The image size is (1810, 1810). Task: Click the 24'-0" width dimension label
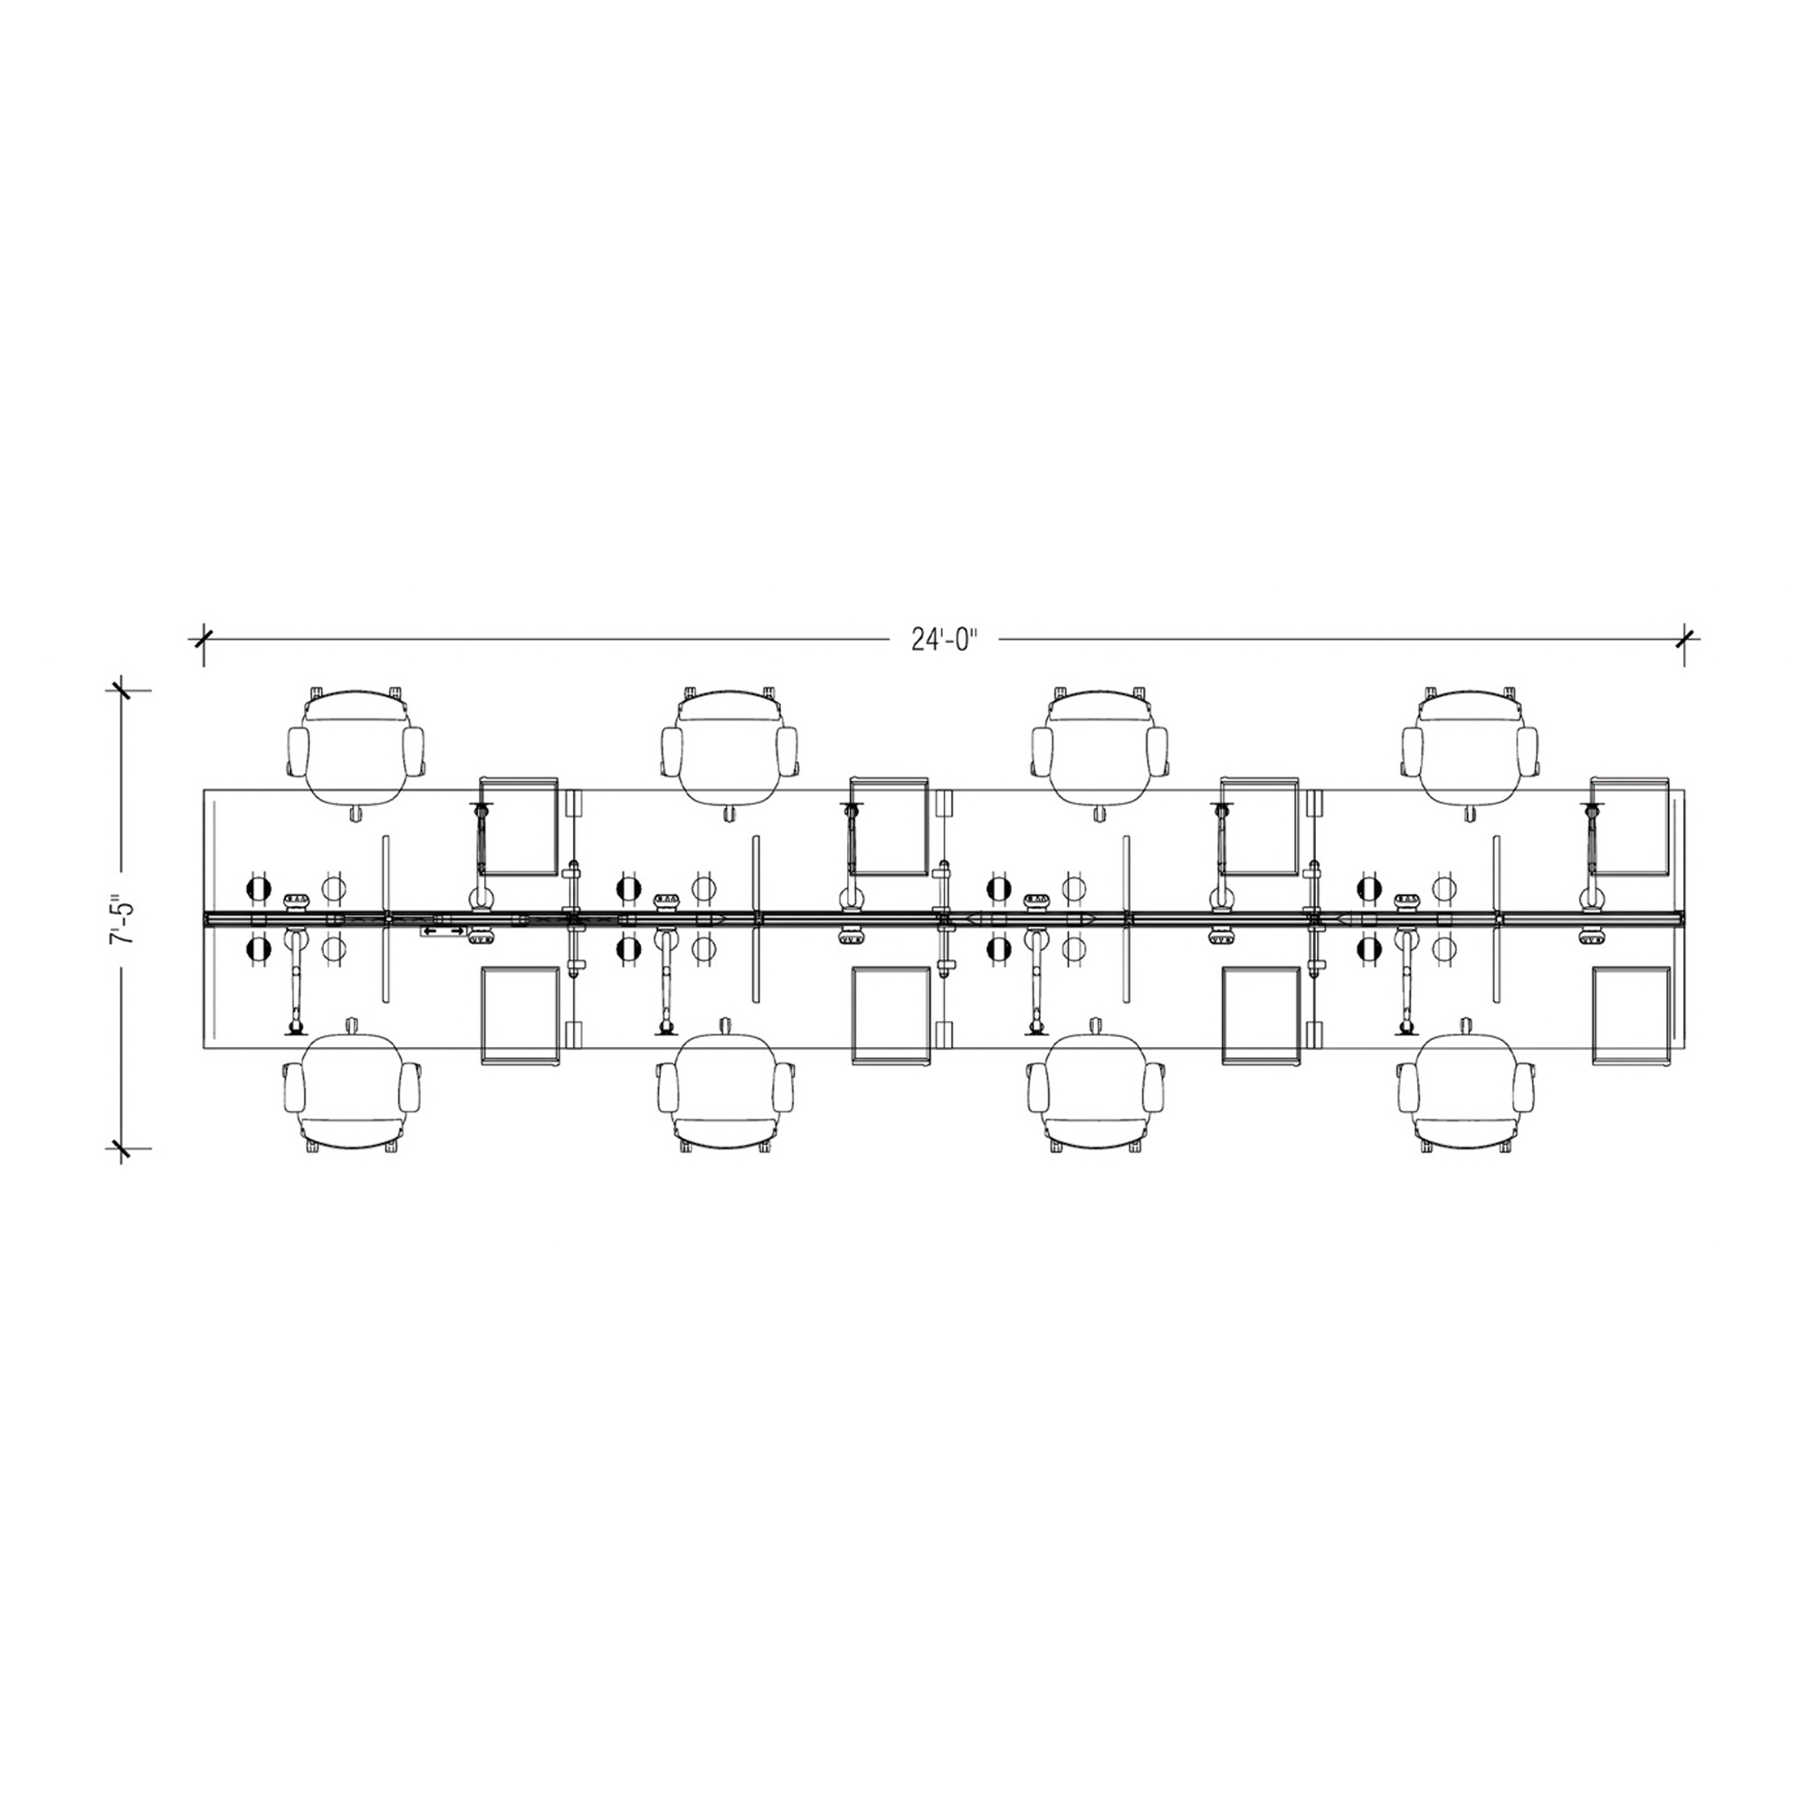[x=944, y=640]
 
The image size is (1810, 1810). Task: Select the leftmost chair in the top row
[x=355, y=747]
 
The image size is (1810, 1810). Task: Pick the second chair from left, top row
[x=729, y=747]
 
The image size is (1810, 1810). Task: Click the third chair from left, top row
[x=1100, y=747]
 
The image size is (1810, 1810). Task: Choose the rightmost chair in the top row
[x=1470, y=747]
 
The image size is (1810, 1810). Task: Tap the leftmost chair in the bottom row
[x=352, y=1091]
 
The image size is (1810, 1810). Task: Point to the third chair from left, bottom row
[x=1097, y=1091]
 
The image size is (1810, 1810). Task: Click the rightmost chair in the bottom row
[x=1467, y=1091]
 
